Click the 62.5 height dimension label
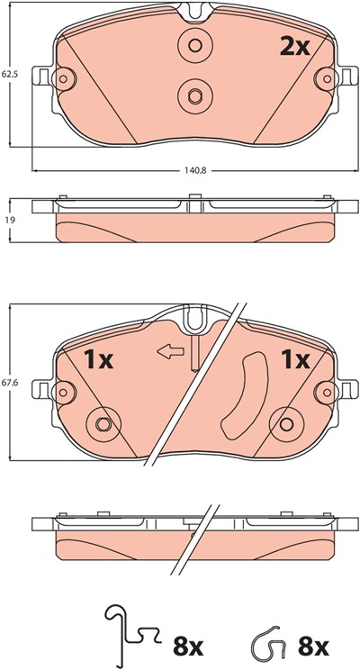click(x=8, y=75)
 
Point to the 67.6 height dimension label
click(x=8, y=383)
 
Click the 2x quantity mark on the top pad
click(x=294, y=47)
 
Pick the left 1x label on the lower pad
click(x=98, y=360)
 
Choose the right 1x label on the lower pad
click(x=294, y=360)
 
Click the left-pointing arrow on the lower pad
click(x=171, y=352)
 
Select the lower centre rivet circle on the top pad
click(x=195, y=95)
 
